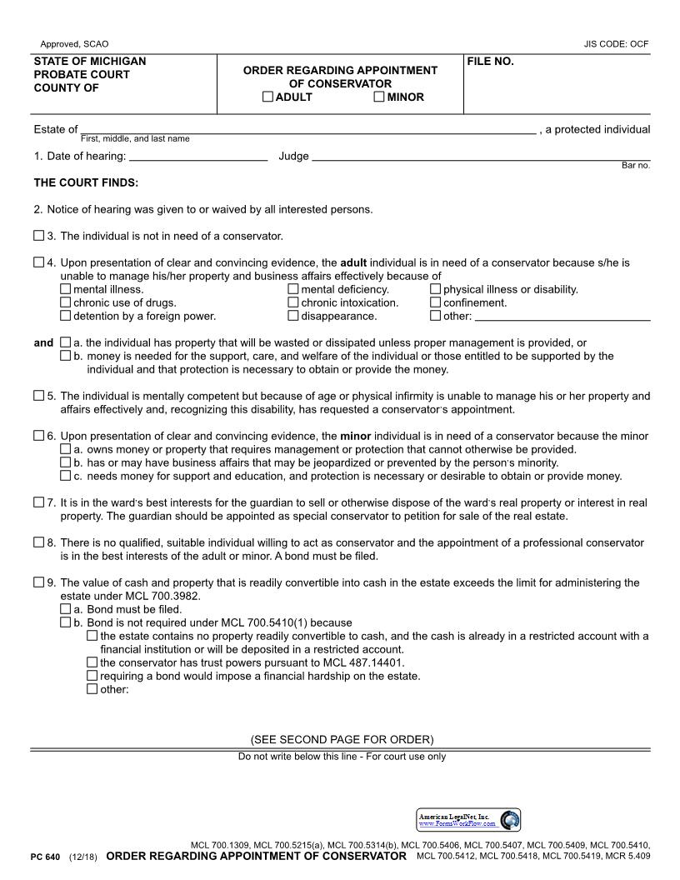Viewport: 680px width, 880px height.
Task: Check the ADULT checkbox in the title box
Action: pyautogui.click(x=267, y=97)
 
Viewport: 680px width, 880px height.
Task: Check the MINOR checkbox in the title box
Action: pyautogui.click(x=379, y=97)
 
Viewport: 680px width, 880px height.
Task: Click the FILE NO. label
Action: pyautogui.click(x=490, y=62)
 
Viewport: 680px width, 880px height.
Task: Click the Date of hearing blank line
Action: pyautogui.click(x=198, y=157)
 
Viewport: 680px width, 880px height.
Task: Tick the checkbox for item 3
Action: pyautogui.click(x=39, y=236)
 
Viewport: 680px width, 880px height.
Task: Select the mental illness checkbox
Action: pyautogui.click(x=66, y=290)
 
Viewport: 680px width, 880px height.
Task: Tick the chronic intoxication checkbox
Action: pyautogui.click(x=293, y=303)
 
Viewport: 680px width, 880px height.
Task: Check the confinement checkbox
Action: pyautogui.click(x=436, y=303)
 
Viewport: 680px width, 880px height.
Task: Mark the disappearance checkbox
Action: pyautogui.click(x=293, y=317)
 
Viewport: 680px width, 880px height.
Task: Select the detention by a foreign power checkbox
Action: pyautogui.click(x=66, y=317)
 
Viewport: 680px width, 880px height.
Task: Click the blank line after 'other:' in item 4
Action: pyautogui.click(x=562, y=317)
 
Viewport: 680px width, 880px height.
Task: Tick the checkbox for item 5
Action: pyautogui.click(x=39, y=396)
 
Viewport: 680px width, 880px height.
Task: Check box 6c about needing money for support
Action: pyautogui.click(x=66, y=477)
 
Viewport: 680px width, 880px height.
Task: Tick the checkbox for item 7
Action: pyautogui.click(x=39, y=502)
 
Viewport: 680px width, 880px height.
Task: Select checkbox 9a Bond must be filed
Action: pyautogui.click(x=66, y=609)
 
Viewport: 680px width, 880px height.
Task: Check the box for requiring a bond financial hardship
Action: pyautogui.click(x=92, y=676)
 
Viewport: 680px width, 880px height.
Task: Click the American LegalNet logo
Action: pyautogui.click(x=468, y=820)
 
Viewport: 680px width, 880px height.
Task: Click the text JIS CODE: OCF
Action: pyautogui.click(x=616, y=44)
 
